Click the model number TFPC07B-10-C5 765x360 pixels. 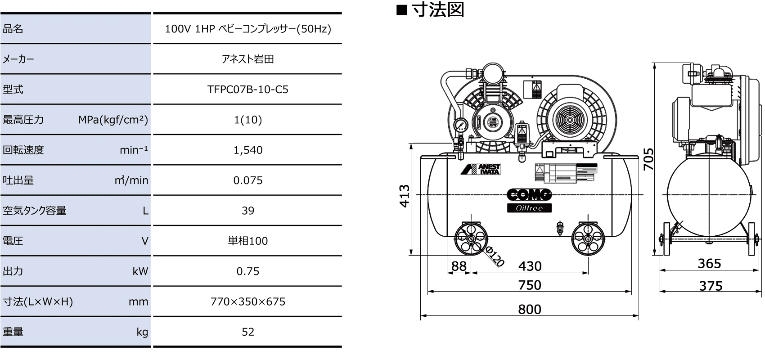click(x=247, y=90)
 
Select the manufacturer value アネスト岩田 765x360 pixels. click(x=247, y=59)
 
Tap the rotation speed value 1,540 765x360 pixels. click(x=247, y=150)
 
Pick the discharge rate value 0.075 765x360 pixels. click(x=247, y=180)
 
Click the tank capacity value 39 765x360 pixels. click(x=247, y=211)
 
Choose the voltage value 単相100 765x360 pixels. click(x=247, y=241)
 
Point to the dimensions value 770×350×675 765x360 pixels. click(x=247, y=301)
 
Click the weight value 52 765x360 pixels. click(x=247, y=332)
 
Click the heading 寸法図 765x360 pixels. click(x=437, y=10)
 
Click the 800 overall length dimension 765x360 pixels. click(x=529, y=309)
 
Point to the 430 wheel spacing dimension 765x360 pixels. click(x=530, y=266)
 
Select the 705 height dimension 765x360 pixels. click(x=648, y=159)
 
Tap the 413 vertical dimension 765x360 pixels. click(x=405, y=196)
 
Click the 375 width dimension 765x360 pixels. click(x=711, y=286)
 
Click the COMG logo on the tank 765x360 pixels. click(x=529, y=195)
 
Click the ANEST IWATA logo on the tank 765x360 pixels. click(x=481, y=169)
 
